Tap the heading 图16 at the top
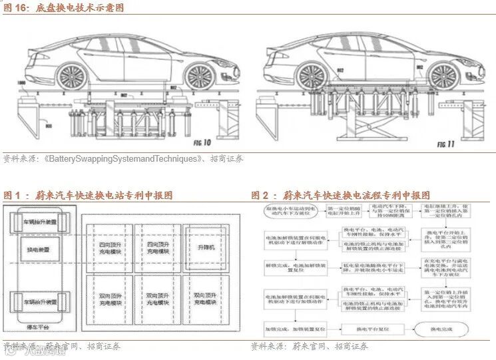[x=63, y=8]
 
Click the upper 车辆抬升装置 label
[x=41, y=222]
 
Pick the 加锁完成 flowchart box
[x=287, y=329]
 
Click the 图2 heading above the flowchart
[x=340, y=196]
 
